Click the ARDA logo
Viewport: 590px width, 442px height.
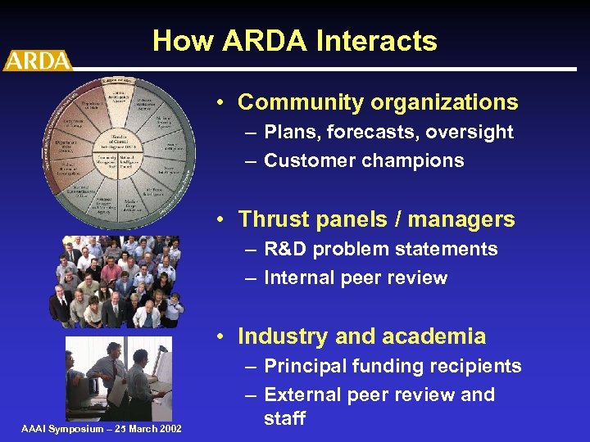pyautogui.click(x=37, y=61)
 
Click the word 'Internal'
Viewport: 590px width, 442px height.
pyautogui.click(x=302, y=277)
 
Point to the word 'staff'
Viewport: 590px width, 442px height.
pyautogui.click(x=284, y=419)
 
